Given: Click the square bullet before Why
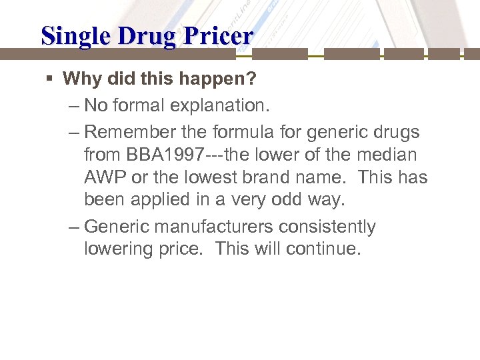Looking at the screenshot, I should [51, 79].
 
